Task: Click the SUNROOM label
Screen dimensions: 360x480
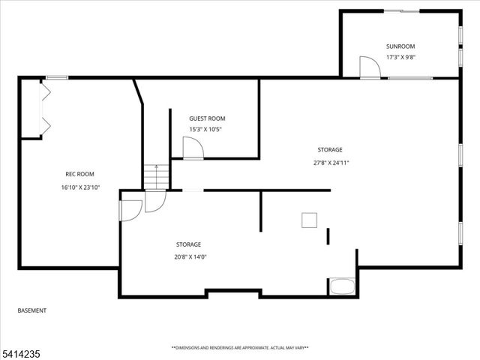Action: point(400,46)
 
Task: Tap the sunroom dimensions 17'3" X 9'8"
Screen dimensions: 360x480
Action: point(400,57)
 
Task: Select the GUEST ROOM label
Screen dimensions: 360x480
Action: point(206,118)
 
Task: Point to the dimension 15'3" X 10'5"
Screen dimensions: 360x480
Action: point(205,129)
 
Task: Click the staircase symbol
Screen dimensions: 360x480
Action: point(156,177)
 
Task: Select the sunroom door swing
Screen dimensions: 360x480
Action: point(369,67)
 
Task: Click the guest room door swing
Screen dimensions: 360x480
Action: point(192,148)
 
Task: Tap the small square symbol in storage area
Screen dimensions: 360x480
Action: point(309,220)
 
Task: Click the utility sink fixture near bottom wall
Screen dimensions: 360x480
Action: point(342,286)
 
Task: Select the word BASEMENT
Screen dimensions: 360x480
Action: point(31,310)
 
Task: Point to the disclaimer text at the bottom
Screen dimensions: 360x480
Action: point(240,348)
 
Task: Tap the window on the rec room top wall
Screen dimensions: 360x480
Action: point(57,77)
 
